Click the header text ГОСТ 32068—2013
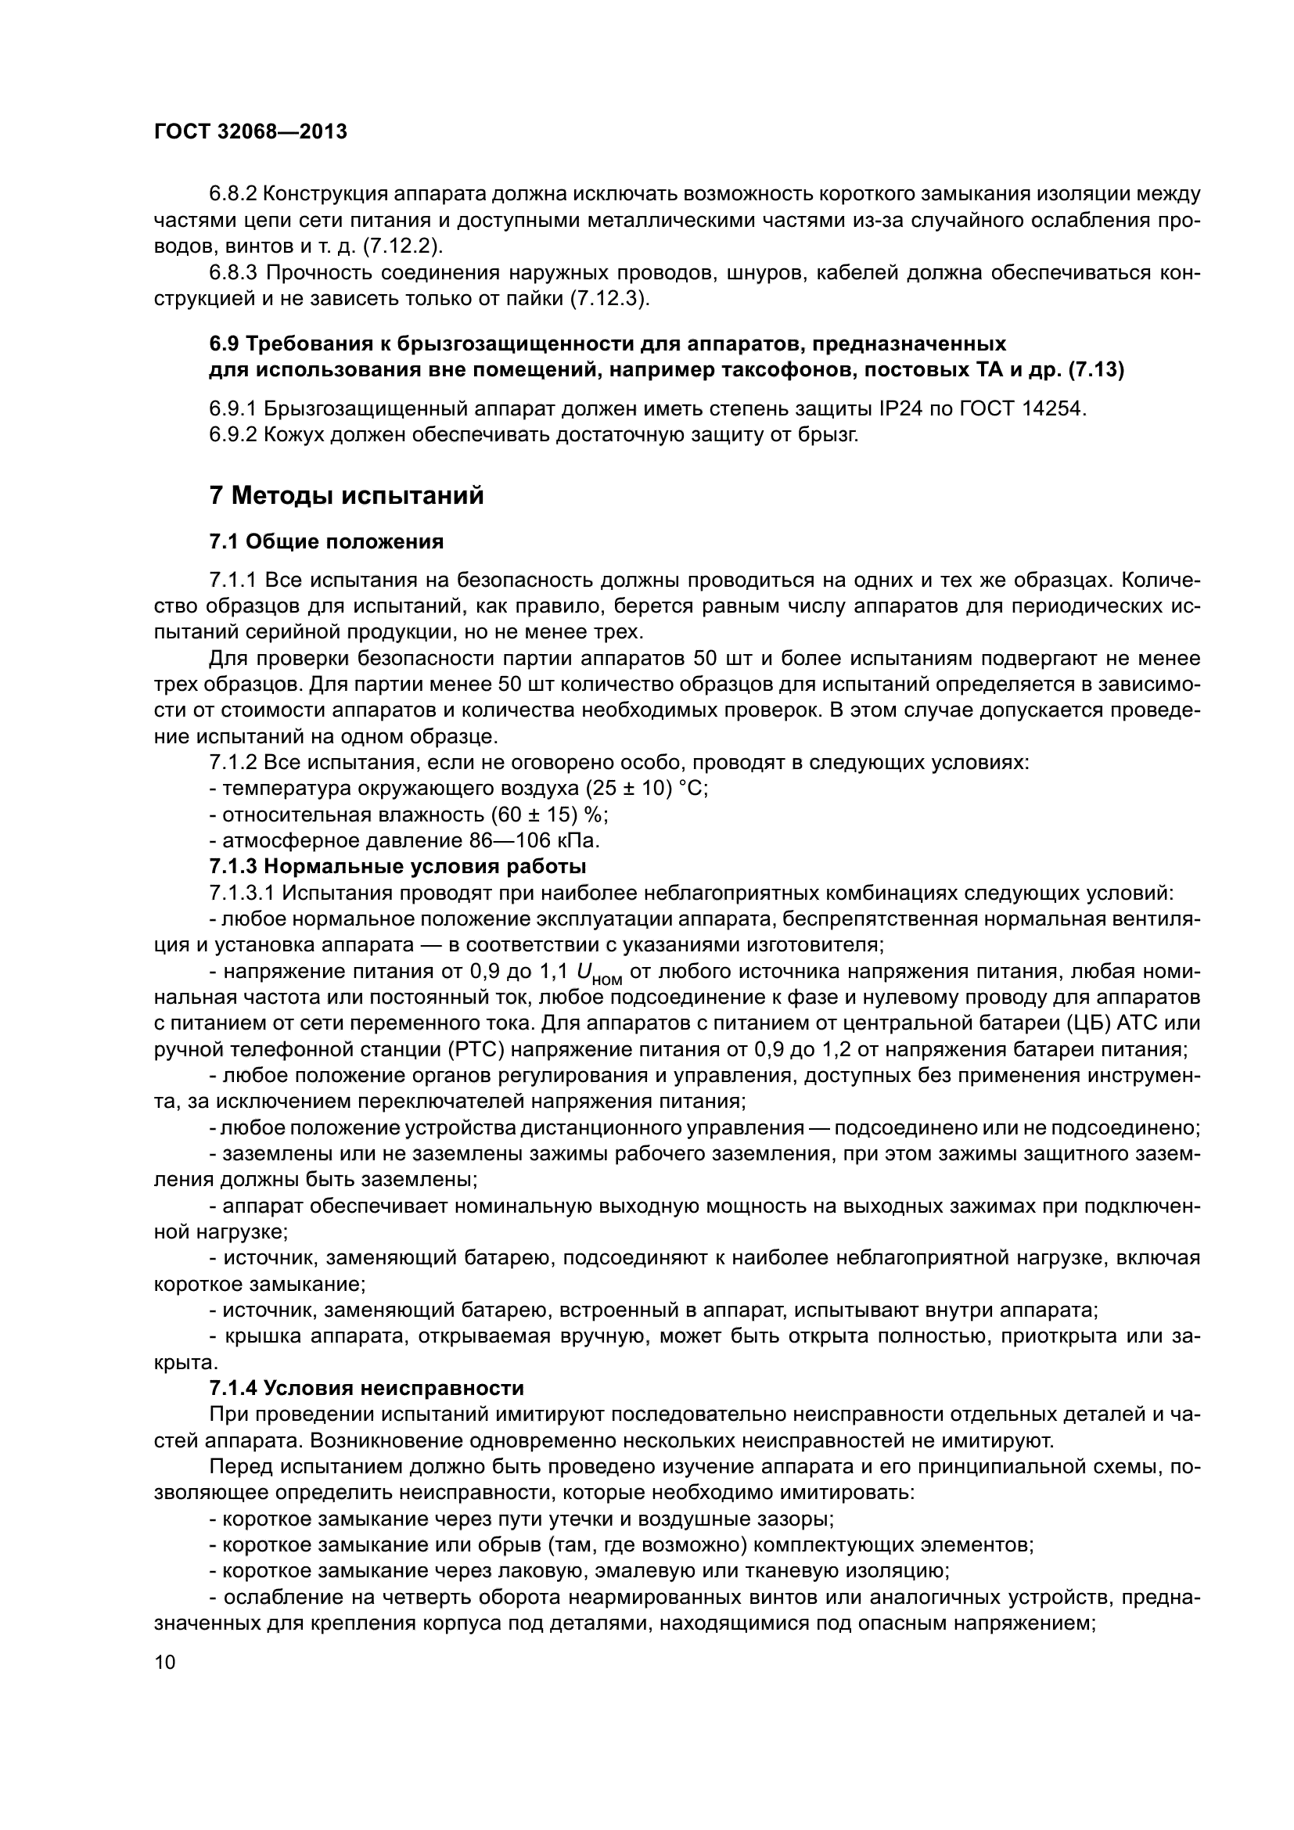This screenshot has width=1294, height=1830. click(250, 131)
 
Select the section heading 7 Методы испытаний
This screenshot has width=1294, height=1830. click(347, 496)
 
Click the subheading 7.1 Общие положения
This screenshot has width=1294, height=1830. click(326, 542)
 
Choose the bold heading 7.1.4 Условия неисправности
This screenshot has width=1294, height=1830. click(365, 1388)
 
